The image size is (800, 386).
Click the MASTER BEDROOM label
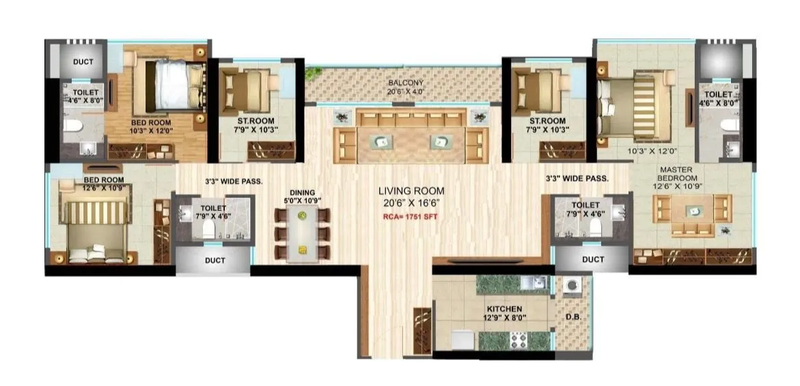[681, 174]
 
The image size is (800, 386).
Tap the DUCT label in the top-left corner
[83, 62]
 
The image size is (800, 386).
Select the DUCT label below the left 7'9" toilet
[215, 260]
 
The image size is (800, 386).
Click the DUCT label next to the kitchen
[593, 260]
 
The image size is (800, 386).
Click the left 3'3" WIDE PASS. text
[234, 181]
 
